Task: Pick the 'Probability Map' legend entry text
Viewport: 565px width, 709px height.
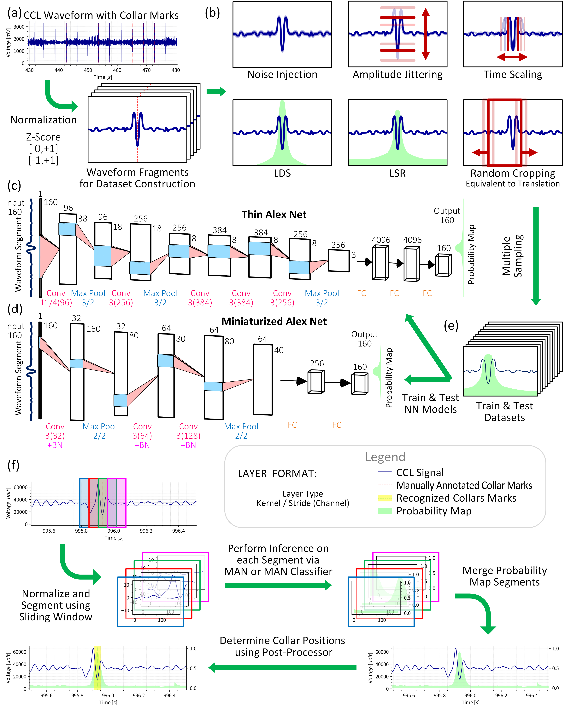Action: tap(434, 511)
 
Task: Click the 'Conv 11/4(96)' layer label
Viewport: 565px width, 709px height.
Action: tap(56, 298)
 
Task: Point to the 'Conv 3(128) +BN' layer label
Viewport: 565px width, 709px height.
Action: tap(188, 436)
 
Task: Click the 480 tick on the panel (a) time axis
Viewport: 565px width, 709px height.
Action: tap(176, 70)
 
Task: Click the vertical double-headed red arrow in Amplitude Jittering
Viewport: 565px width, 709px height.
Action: tap(426, 34)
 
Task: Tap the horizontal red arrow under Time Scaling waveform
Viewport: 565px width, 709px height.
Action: tap(512, 57)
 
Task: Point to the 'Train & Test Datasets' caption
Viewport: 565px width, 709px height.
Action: tap(504, 412)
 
